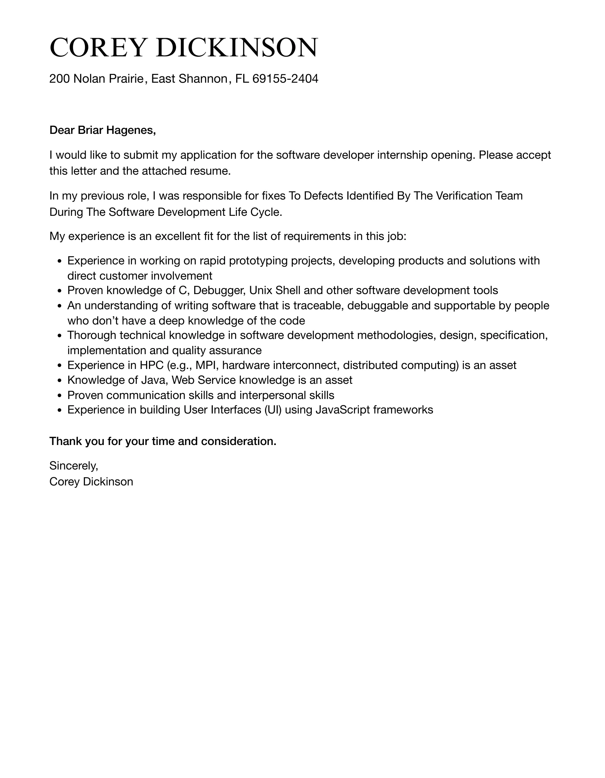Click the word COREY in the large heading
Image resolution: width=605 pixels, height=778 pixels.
pyautogui.click(x=96, y=48)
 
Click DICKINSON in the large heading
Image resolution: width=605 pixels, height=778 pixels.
pyautogui.click(x=237, y=48)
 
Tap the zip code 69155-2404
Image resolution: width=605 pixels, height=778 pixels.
pyautogui.click(x=285, y=79)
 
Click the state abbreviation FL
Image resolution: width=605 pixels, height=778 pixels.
pyautogui.click(x=242, y=79)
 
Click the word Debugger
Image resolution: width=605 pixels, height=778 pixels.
pyautogui.click(x=219, y=290)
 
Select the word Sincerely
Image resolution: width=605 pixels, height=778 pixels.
pyautogui.click(x=73, y=465)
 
